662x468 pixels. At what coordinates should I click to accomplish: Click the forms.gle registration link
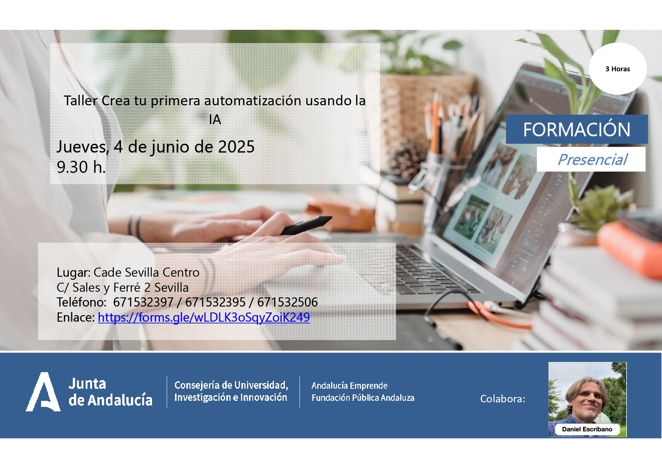[204, 317]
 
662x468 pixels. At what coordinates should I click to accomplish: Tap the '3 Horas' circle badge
[617, 69]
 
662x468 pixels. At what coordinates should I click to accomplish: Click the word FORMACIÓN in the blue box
[577, 129]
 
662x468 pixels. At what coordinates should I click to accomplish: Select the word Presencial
[593, 160]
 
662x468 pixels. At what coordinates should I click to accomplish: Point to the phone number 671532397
[143, 302]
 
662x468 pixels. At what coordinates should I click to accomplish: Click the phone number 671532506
[287, 302]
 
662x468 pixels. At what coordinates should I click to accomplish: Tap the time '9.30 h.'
[81, 167]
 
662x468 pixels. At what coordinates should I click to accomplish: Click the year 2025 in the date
[236, 147]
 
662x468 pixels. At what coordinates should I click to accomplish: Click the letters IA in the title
[215, 120]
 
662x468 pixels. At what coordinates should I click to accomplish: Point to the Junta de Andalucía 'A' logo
[43, 392]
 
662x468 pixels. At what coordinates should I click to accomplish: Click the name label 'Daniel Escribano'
[587, 429]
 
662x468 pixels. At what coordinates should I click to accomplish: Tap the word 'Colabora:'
[502, 399]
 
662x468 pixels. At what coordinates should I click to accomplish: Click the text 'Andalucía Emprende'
[349, 385]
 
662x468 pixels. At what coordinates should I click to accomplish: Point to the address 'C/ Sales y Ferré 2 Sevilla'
[123, 288]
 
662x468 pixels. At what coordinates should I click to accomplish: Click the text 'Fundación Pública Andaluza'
[363, 397]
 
